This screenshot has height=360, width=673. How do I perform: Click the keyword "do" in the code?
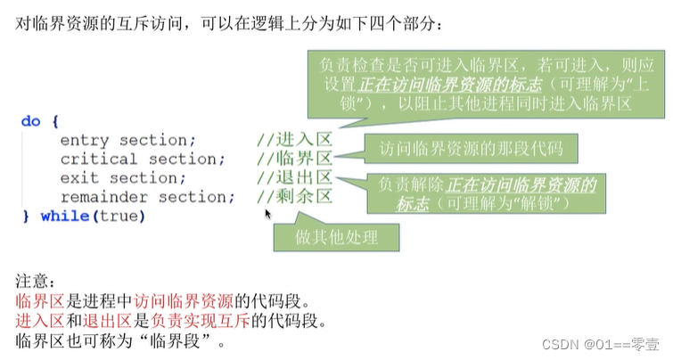coord(29,121)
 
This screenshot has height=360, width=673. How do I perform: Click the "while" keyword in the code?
coord(63,216)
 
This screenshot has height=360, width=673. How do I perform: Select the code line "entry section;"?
coord(127,140)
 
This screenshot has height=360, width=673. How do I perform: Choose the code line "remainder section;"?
coord(147,197)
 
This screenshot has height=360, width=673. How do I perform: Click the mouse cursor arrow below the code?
coord(267,214)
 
